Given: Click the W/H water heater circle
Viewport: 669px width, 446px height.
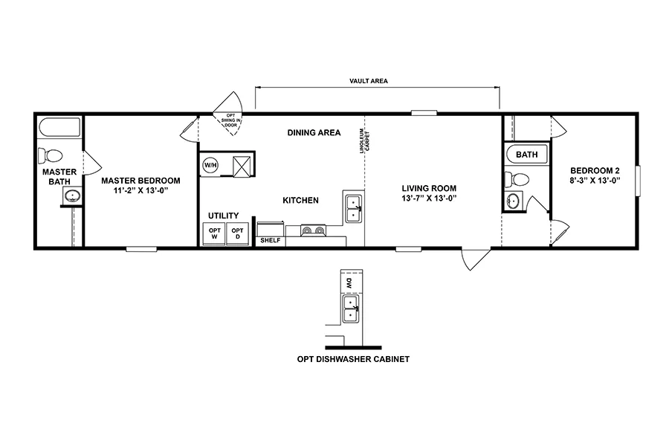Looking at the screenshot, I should click(x=210, y=164).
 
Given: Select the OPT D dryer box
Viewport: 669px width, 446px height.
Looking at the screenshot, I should click(x=237, y=233).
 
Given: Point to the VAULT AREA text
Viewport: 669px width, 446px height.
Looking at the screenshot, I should click(x=369, y=80).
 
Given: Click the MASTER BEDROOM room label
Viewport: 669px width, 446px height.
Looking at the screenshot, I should click(x=140, y=181).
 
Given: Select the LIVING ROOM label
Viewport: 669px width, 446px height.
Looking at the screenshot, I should click(x=429, y=188).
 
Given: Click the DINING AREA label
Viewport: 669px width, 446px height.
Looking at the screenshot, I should click(x=314, y=133).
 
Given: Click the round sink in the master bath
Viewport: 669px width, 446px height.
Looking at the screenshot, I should click(x=72, y=196).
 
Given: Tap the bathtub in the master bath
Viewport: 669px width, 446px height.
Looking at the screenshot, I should click(x=59, y=127).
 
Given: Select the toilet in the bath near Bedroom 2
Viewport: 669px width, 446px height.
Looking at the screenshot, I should click(x=517, y=180).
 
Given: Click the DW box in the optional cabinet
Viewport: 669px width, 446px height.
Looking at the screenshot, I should click(x=349, y=282).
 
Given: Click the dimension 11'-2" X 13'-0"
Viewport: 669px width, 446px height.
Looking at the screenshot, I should click(x=140, y=190).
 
